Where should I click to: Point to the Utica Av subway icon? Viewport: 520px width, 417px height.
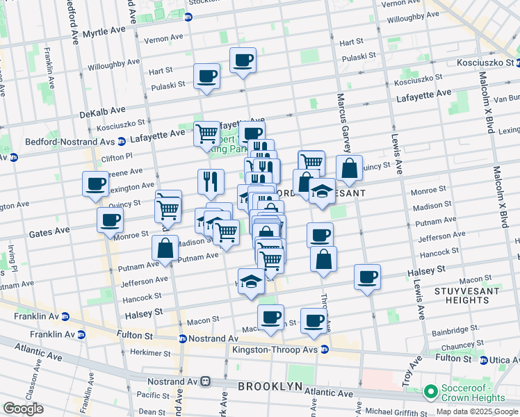coord(485,361)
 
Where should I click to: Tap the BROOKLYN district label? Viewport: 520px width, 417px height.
coord(270,386)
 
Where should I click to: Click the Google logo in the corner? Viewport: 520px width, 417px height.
coord(24,409)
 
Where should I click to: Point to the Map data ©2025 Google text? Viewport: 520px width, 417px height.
coord(476,411)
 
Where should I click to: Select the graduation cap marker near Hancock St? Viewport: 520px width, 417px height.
coord(251,281)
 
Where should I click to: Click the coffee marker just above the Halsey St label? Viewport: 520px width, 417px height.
coord(367,276)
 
